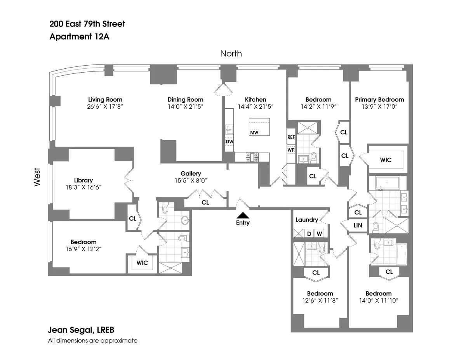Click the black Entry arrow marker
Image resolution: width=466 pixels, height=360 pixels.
point(243,215)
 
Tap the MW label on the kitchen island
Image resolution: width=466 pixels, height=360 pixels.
point(254,133)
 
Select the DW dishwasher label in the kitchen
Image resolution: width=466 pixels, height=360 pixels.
point(229,141)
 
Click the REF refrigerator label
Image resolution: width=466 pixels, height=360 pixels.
point(291,137)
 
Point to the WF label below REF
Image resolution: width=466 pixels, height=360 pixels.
point(290,150)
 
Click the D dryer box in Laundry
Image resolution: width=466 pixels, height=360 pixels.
point(309,233)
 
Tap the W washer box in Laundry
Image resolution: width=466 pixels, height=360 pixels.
point(319,233)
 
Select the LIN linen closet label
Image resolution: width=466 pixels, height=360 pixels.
point(358,225)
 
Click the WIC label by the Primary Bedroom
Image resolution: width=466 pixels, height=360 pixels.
point(386,160)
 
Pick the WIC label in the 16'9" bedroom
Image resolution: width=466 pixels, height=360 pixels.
point(142,263)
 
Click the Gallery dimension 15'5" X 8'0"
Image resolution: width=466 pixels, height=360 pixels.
point(191,180)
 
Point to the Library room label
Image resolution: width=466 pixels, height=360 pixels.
point(83,180)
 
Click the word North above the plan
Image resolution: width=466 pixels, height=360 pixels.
point(231,54)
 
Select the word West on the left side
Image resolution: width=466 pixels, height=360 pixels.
point(37,177)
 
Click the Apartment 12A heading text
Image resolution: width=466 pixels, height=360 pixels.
point(81,37)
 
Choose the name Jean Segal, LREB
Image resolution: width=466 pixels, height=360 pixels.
point(81,330)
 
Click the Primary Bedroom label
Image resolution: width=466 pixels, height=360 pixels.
point(379,99)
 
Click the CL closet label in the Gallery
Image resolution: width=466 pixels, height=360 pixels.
point(205,202)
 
